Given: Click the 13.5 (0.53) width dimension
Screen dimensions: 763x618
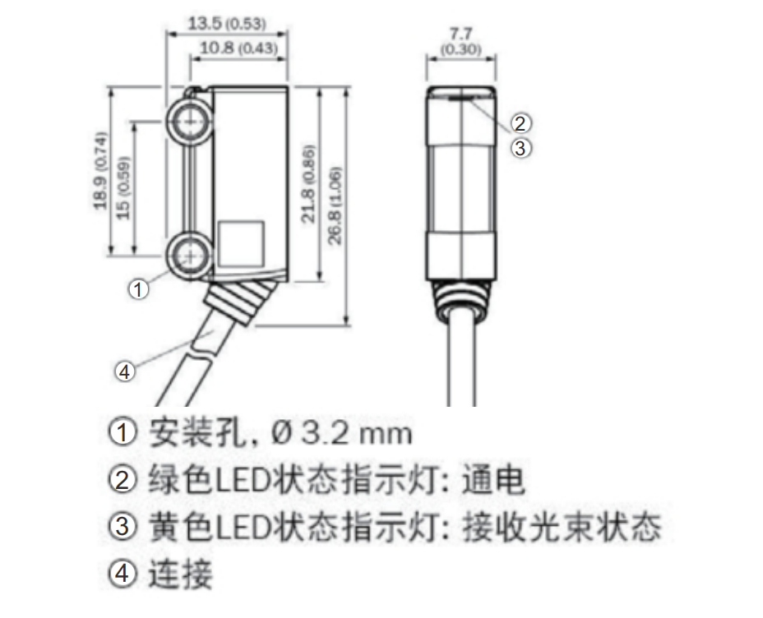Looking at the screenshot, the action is pos(227,23).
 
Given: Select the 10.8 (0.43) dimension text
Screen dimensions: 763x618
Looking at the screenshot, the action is pos(238,48).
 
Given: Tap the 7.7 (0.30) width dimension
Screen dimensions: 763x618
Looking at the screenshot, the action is pos(460,41).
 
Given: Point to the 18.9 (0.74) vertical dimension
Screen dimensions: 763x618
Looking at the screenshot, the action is pos(99,171).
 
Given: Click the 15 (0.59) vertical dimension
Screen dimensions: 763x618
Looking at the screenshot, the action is pos(123,187).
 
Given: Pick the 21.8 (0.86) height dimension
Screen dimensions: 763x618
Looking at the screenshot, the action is pos(308,184).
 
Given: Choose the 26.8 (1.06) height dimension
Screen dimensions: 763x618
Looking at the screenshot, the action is pos(335,205).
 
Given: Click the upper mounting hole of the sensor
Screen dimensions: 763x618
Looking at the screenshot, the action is pos(190,121).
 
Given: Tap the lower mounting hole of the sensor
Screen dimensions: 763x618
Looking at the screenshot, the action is pos(190,256).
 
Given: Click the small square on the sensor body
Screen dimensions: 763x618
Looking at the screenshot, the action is pos(241,244).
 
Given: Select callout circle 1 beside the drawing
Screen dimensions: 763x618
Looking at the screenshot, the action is pos(138,289).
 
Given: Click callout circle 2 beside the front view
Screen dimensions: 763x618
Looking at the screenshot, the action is pos(520,123).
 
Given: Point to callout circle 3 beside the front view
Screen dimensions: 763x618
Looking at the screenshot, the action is pos(520,148).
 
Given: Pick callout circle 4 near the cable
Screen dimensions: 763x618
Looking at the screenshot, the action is pos(125,372).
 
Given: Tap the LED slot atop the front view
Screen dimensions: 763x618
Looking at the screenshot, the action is pos(460,98).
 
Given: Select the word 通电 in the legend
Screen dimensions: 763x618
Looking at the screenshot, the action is pos(493,480).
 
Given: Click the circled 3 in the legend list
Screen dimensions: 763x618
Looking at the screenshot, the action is pos(122,526).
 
